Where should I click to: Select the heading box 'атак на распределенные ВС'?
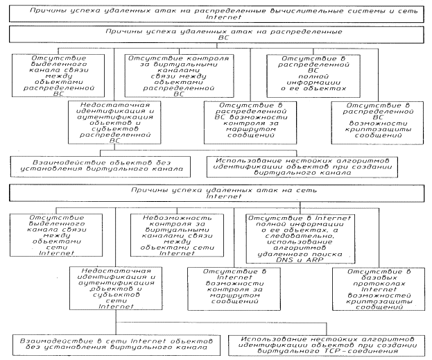[216, 37]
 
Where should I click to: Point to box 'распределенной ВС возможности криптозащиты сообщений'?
[381, 121]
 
